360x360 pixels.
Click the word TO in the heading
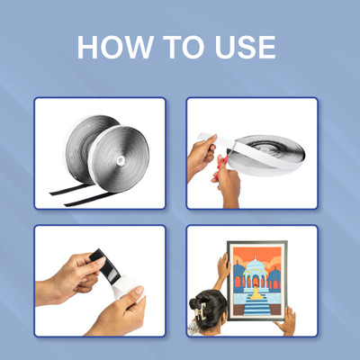(184, 47)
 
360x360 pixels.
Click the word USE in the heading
(246, 47)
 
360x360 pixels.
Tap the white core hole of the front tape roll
(121, 160)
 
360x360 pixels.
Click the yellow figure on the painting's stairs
(256, 293)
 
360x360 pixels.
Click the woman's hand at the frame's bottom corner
(286, 321)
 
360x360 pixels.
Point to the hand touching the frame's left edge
(223, 266)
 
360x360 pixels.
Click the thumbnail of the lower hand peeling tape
(139, 290)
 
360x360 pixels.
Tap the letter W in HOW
(137, 47)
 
